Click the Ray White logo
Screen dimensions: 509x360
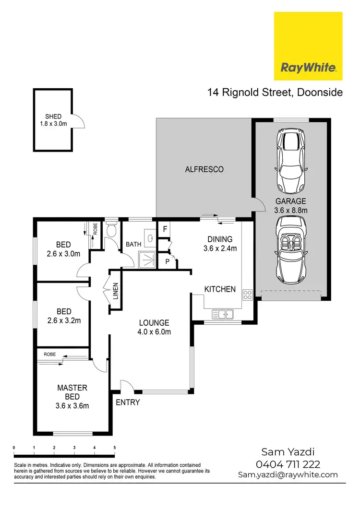click(x=308, y=46)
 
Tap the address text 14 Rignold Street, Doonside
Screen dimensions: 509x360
click(x=275, y=92)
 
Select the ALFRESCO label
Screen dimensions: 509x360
click(x=204, y=169)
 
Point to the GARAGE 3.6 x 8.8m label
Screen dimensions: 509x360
click(x=291, y=205)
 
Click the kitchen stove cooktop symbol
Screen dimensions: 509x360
click(x=248, y=295)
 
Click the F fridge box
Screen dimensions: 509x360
click(x=165, y=229)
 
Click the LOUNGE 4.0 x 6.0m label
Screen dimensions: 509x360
click(x=155, y=327)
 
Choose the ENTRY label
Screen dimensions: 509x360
click(x=128, y=402)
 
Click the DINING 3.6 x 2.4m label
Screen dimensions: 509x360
click(x=220, y=244)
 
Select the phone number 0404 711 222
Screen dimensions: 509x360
click(x=288, y=464)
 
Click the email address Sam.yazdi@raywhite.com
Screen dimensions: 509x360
click(x=288, y=474)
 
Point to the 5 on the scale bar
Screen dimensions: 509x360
click(x=114, y=447)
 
